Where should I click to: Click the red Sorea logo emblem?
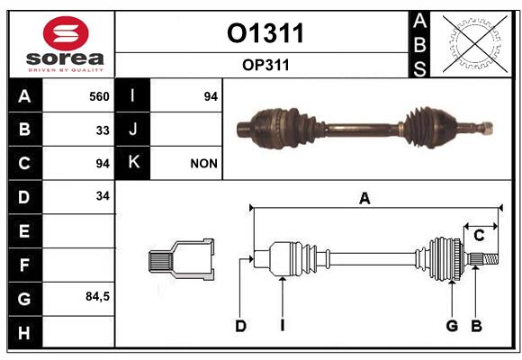(66, 33)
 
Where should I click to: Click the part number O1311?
(265, 33)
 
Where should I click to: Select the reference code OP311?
(265, 65)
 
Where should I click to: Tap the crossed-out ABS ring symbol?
(475, 44)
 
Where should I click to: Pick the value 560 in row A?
(99, 96)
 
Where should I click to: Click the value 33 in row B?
(103, 130)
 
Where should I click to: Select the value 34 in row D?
(103, 196)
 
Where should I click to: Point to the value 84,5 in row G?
(97, 296)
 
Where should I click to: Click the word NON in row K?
(203, 164)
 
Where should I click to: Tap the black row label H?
(24, 332)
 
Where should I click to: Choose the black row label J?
(132, 130)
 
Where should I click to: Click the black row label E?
(24, 231)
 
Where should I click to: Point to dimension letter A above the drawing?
(364, 199)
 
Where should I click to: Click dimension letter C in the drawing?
(479, 236)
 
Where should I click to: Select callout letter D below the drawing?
(240, 326)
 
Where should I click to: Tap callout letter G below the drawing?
(452, 326)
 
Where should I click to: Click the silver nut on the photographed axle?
(487, 128)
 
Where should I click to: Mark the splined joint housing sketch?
(182, 260)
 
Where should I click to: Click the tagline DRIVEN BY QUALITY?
(66, 70)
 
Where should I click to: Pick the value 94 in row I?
(211, 96)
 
